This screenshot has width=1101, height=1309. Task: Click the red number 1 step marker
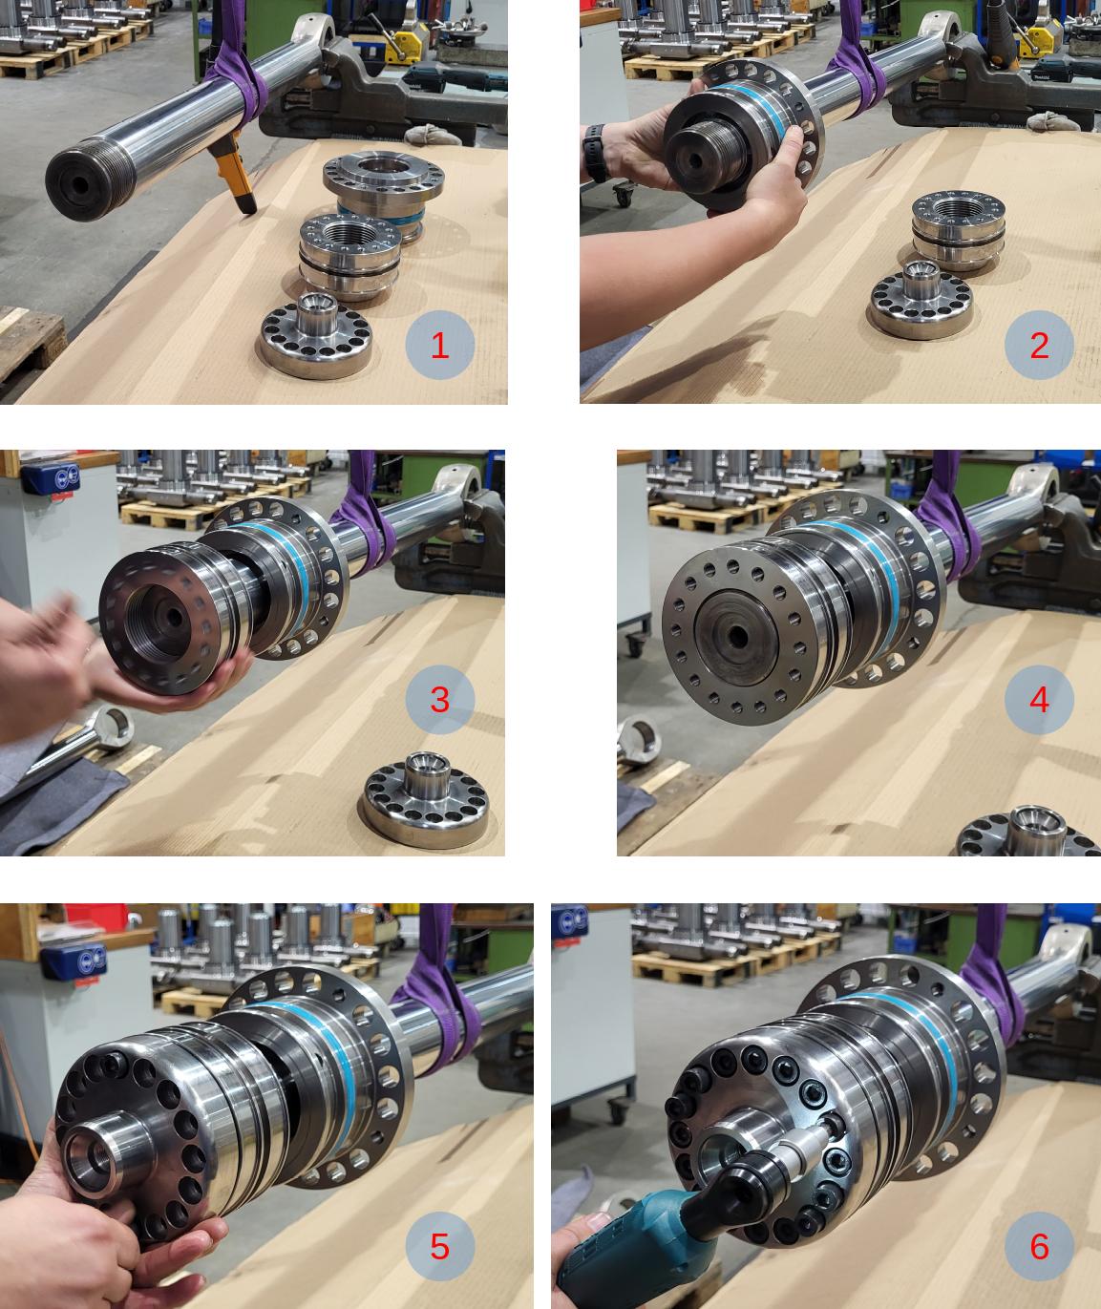pyautogui.click(x=439, y=345)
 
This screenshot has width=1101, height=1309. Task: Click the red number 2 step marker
pyautogui.click(x=1039, y=345)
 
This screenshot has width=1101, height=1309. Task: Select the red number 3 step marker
pyautogui.click(x=439, y=699)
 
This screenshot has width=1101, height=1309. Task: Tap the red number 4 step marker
pyautogui.click(x=1039, y=699)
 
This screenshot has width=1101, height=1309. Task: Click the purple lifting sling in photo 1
pyautogui.click(x=237, y=69)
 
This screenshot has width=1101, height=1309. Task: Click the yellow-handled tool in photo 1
pyautogui.click(x=235, y=169)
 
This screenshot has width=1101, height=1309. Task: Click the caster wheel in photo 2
pyautogui.click(x=623, y=195)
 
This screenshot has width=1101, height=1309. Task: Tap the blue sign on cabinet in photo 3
pyautogui.click(x=51, y=477)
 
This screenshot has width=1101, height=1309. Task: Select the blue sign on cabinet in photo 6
pyautogui.click(x=569, y=921)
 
